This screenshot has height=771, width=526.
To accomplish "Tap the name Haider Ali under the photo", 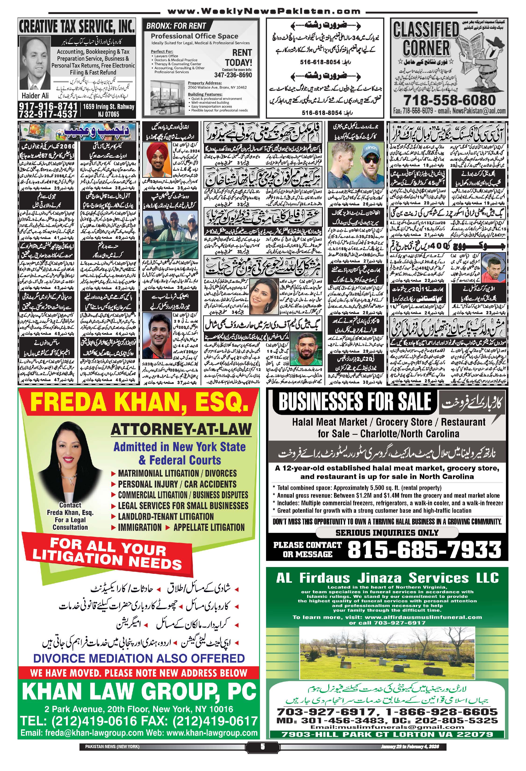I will click(35, 96).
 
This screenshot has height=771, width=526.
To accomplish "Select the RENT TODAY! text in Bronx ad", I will click(238, 57).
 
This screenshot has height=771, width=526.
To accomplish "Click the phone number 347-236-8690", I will click(233, 75).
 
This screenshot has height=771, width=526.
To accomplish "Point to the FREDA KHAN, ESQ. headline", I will click(139, 403).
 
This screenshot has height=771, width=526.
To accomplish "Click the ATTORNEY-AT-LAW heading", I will click(181, 429).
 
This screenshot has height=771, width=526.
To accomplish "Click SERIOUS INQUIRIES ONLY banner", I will click(387, 533).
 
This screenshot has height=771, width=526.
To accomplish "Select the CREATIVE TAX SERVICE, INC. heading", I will click(77, 27).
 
